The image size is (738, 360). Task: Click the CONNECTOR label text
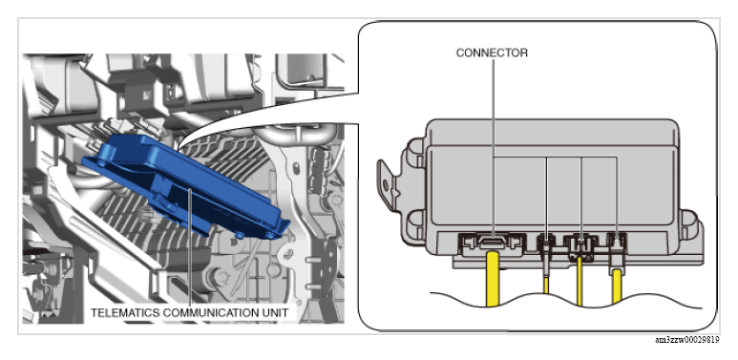point(492,53)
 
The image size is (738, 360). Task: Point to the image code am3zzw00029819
point(687,340)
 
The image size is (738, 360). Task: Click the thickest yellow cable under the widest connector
point(494,279)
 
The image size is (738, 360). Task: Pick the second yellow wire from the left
point(546,286)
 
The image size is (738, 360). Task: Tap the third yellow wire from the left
point(580,282)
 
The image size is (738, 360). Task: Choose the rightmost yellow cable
point(617,289)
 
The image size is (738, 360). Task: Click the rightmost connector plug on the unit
point(617,249)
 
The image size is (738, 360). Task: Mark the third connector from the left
point(580,247)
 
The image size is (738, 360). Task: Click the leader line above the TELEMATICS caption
point(189,247)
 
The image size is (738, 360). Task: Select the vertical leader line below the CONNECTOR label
point(494,147)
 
